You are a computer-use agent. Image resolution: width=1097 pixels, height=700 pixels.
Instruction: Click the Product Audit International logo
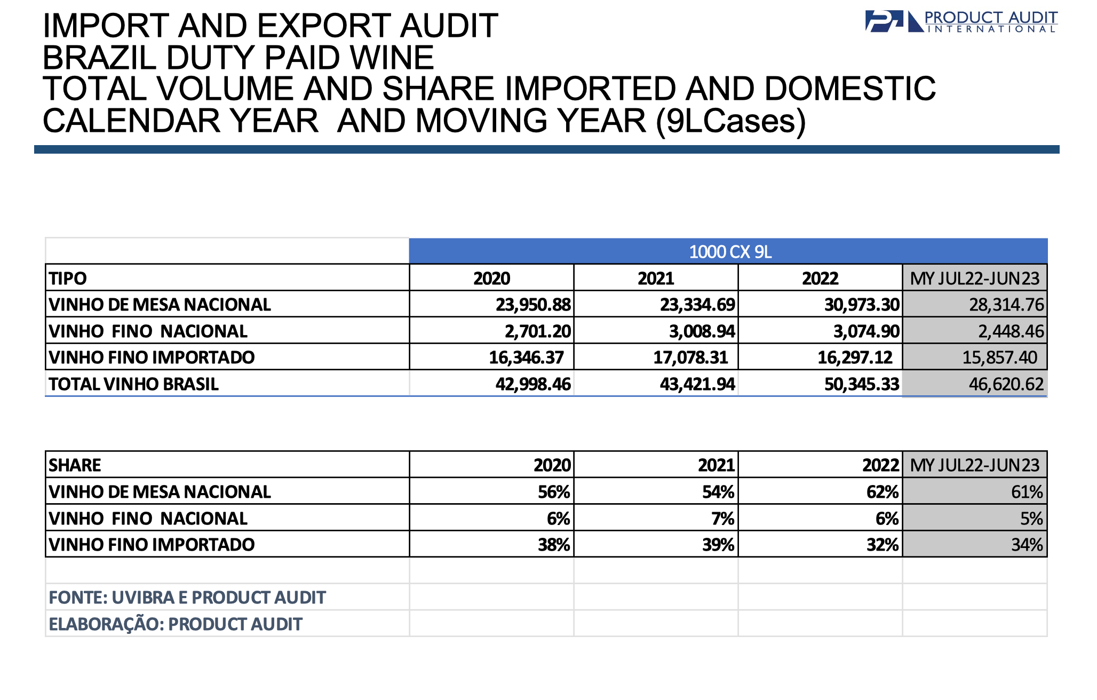961,21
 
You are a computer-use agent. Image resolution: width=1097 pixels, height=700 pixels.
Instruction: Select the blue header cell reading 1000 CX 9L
728,251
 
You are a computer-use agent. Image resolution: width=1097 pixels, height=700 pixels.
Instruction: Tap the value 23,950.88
533,304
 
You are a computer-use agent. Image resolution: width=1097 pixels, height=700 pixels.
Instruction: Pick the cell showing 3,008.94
702,331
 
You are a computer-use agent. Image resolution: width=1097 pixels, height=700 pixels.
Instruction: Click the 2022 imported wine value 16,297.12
855,357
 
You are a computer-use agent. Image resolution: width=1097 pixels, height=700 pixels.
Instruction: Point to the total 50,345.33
862,384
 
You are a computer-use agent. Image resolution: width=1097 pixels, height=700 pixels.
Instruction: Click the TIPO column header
68,278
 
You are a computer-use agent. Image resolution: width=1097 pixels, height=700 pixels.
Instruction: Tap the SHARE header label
75,465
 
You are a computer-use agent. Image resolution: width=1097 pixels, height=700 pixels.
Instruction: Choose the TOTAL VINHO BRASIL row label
133,384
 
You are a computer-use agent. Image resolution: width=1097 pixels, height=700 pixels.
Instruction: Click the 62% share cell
883,491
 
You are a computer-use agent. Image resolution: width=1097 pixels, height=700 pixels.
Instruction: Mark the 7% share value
723,518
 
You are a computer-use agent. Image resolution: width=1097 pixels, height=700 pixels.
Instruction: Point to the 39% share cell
718,544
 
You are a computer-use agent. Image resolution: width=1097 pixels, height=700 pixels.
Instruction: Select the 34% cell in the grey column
1027,544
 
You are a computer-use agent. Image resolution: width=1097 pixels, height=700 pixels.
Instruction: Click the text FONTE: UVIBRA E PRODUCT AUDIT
187,597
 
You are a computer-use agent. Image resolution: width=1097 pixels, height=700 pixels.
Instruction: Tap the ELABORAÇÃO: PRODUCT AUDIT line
176,623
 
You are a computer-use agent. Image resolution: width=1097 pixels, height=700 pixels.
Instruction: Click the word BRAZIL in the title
99,58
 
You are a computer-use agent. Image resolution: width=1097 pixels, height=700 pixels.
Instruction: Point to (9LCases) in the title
731,122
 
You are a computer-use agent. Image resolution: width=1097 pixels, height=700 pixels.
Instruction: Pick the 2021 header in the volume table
656,278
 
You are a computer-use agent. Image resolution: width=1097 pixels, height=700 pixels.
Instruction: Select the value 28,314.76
1006,304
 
